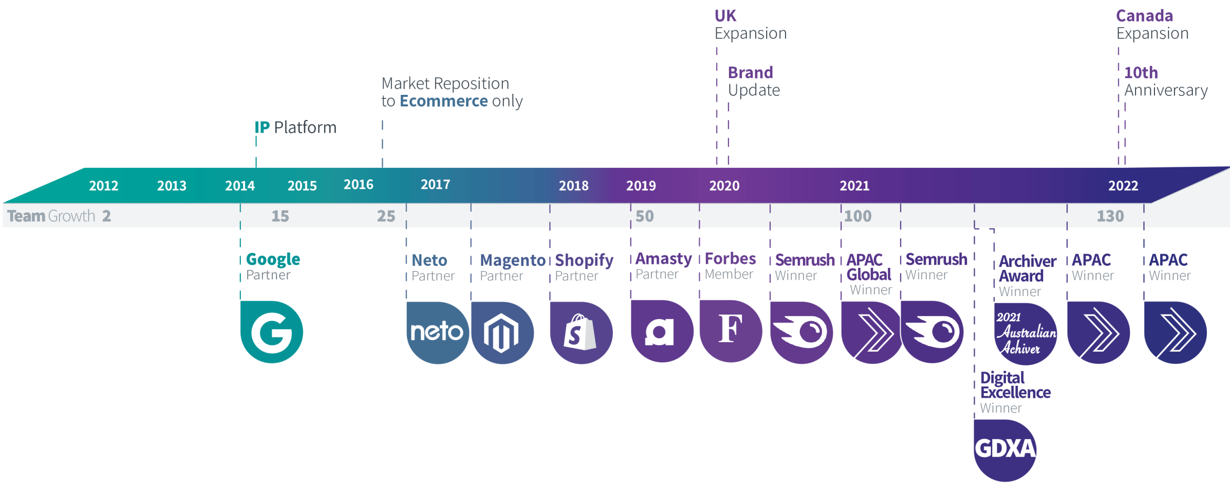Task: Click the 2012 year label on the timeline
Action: [x=103, y=186]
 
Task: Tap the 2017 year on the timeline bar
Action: [x=435, y=184]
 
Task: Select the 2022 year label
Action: [x=1123, y=186]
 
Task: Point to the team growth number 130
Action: [x=1110, y=216]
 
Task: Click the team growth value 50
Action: [x=644, y=216]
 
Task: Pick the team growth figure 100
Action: [x=857, y=216]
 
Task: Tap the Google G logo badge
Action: [x=271, y=332]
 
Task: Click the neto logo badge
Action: [x=437, y=332]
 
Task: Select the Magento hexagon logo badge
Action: [x=502, y=333]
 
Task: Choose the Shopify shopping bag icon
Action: [x=580, y=332]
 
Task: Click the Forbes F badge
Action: [x=730, y=330]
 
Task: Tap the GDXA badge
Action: [x=1005, y=449]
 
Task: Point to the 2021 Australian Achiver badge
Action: [x=1025, y=333]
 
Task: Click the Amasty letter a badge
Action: [x=661, y=331]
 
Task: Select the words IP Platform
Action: [x=295, y=127]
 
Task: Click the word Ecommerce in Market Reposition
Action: [x=443, y=101]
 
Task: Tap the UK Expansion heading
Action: [x=750, y=25]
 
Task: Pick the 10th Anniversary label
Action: [x=1165, y=81]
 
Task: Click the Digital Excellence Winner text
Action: [x=1015, y=392]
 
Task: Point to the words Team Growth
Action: [x=51, y=216]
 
